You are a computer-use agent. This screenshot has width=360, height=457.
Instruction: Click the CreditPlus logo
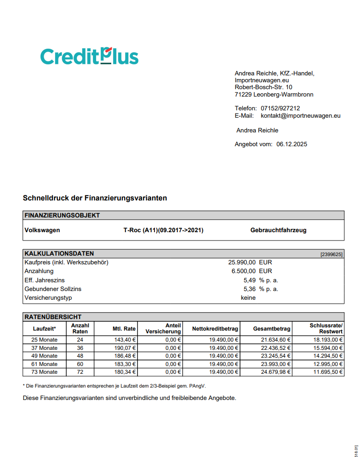(x=89, y=57)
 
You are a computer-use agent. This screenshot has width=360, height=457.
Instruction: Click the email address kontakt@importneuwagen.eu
(x=300, y=116)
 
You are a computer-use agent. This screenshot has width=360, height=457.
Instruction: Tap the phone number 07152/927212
(x=280, y=108)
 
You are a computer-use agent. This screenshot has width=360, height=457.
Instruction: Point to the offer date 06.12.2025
(x=291, y=144)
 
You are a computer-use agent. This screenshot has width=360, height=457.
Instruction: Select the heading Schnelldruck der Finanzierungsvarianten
(x=95, y=198)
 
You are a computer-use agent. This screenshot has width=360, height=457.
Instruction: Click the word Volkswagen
(x=42, y=230)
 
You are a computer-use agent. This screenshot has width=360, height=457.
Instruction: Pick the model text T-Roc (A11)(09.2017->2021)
(x=160, y=230)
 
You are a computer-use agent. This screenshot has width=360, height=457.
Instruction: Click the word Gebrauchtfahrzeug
(x=278, y=230)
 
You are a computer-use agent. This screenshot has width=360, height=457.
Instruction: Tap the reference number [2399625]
(x=331, y=254)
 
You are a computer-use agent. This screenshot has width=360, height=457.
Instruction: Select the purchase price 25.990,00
(x=242, y=263)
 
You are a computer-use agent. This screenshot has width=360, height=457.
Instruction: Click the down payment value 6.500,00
(x=244, y=271)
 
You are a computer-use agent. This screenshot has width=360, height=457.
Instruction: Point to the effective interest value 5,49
(x=249, y=280)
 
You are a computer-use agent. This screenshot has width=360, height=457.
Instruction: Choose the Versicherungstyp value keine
(x=248, y=297)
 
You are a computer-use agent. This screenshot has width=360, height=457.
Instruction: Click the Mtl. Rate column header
(x=124, y=329)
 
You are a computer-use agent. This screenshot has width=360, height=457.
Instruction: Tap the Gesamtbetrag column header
(x=272, y=329)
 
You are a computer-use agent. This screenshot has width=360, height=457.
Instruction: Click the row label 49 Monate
(x=45, y=356)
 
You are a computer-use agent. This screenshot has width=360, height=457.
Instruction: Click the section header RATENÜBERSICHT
(x=53, y=317)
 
